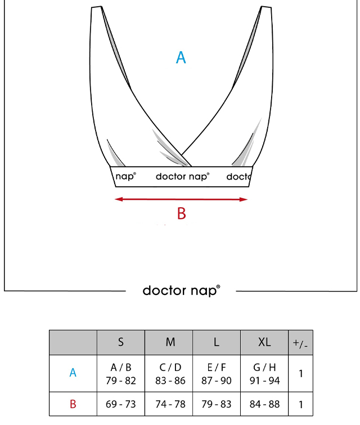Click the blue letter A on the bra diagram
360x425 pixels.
pos(181,57)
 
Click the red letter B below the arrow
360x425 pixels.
pos(182,213)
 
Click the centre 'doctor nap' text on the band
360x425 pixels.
pos(183,177)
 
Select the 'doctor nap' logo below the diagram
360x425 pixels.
pos(181,291)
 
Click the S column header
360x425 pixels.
pos(121,342)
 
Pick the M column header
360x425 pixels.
pos(170,342)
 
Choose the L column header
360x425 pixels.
pos(216,342)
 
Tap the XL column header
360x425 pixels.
pos(264,342)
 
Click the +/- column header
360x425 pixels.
pos(300,343)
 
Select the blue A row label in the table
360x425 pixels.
pos(73,373)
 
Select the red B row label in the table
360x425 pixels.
pos(73,404)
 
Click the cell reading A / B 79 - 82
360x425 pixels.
pos(121,374)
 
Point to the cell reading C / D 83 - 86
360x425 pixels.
pos(170,374)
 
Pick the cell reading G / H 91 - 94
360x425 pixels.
pos(264,374)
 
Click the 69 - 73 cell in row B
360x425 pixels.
pos(121,404)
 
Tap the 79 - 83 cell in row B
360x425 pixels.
pos(216,404)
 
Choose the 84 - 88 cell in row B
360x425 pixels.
pos(264,404)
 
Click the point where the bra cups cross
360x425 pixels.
pos(181,155)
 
